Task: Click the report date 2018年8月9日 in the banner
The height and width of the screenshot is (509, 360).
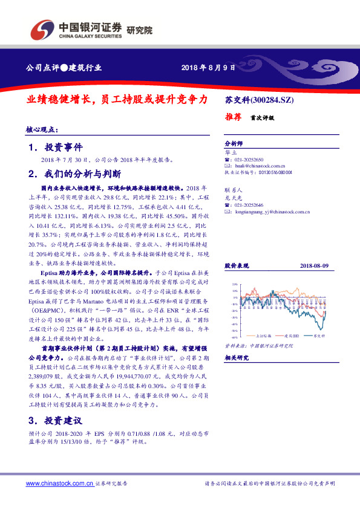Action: click(x=208, y=68)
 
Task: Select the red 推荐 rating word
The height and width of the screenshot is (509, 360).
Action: click(x=234, y=117)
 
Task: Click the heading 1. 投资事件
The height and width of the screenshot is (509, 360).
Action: click(x=55, y=148)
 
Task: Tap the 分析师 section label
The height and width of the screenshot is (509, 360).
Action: click(x=234, y=144)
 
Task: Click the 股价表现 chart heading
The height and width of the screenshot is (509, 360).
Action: click(x=237, y=266)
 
